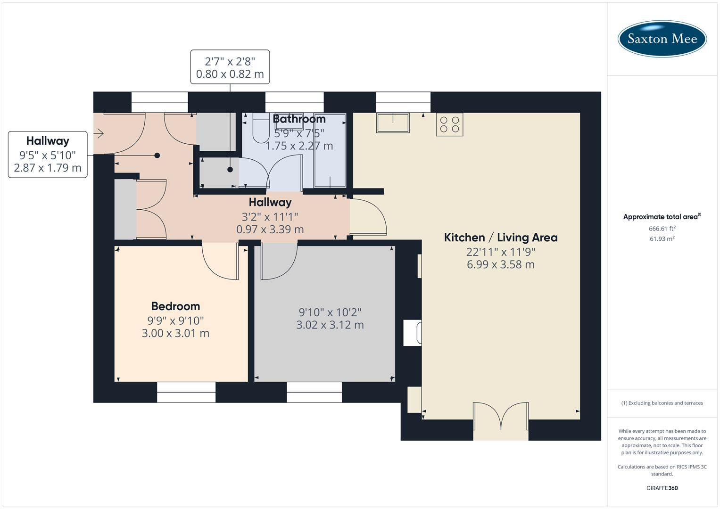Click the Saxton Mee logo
(x=662, y=39)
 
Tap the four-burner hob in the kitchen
(x=449, y=124)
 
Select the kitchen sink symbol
(x=392, y=123)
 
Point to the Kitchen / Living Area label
(x=501, y=238)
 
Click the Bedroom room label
(x=175, y=306)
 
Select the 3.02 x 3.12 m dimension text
(x=330, y=325)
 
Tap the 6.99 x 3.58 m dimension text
(x=501, y=264)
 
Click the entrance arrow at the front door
(x=99, y=134)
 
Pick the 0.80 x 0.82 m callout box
(x=230, y=67)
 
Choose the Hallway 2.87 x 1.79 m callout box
(x=48, y=155)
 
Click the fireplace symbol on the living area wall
(x=412, y=333)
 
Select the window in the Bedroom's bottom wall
(x=186, y=392)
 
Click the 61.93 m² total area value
(x=662, y=239)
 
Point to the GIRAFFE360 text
(x=662, y=488)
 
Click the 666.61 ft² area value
(x=662, y=229)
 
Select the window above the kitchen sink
(x=403, y=102)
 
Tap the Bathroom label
(x=299, y=119)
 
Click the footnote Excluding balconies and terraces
(x=662, y=403)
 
